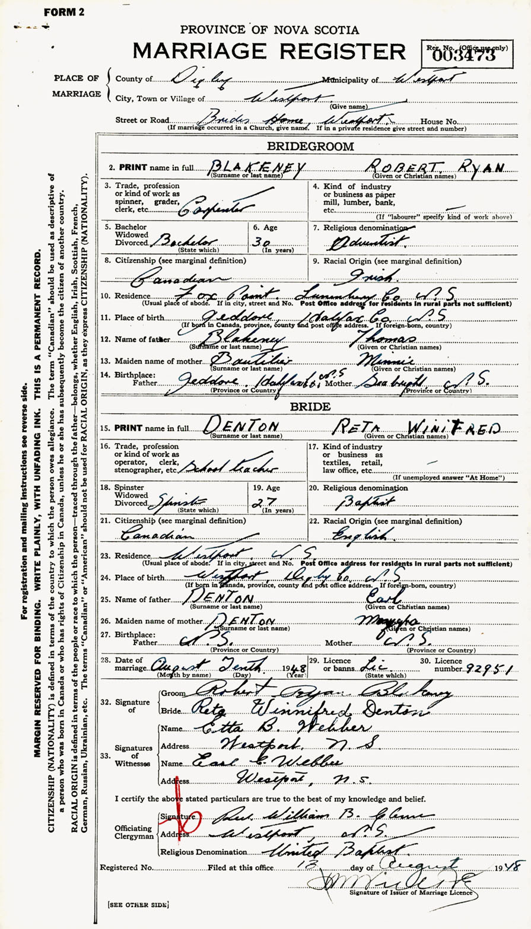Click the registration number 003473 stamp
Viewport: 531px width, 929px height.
pos(464,55)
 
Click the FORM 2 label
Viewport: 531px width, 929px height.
pos(63,12)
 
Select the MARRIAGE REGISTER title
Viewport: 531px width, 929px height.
pos(269,52)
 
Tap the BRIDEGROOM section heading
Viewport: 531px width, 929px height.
pos(311,146)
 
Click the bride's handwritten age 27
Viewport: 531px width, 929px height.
pos(274,501)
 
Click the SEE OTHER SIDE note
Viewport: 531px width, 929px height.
pos(138,905)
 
